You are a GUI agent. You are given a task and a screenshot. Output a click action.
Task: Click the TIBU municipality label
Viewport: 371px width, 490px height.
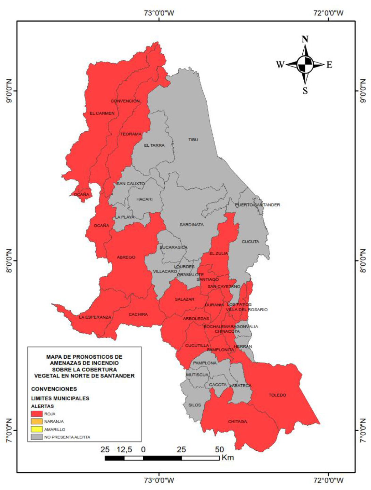193,140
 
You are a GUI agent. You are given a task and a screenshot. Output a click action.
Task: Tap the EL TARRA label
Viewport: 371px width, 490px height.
154,145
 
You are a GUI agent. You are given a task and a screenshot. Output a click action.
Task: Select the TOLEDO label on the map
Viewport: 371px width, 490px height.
277,395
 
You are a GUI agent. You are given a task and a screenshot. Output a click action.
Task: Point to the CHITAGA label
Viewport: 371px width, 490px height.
237,422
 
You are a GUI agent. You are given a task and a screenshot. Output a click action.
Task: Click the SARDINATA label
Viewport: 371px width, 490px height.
191,225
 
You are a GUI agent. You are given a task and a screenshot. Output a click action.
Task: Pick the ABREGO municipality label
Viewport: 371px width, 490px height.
126,257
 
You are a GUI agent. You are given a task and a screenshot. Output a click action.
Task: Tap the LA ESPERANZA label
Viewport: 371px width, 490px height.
95,317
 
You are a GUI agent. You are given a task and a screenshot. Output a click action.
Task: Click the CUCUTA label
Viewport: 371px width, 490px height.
250,241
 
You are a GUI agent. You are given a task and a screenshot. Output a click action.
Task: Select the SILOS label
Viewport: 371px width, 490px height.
195,405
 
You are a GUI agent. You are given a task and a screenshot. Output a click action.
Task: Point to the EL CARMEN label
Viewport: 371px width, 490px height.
102,113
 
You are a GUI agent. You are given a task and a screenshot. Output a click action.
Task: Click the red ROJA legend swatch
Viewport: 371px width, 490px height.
37,414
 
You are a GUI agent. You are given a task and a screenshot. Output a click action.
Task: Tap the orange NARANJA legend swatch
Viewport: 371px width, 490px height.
37,422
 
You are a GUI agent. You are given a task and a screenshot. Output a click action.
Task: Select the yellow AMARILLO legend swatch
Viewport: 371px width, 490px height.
37,429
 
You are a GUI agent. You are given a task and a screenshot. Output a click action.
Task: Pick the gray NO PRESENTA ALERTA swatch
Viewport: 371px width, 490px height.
37,437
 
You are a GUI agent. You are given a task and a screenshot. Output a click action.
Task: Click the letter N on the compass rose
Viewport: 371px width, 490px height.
305,39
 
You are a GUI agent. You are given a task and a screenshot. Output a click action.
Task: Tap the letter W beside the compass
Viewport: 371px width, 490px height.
280,65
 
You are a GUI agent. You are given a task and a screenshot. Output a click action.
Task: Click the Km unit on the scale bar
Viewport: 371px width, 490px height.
228,458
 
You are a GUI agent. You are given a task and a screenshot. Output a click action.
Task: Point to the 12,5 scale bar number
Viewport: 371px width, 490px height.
124,449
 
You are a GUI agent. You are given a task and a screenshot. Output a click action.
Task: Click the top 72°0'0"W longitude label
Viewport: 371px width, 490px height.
328,13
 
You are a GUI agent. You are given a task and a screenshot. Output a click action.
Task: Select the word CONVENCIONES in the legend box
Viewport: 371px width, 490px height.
54,389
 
